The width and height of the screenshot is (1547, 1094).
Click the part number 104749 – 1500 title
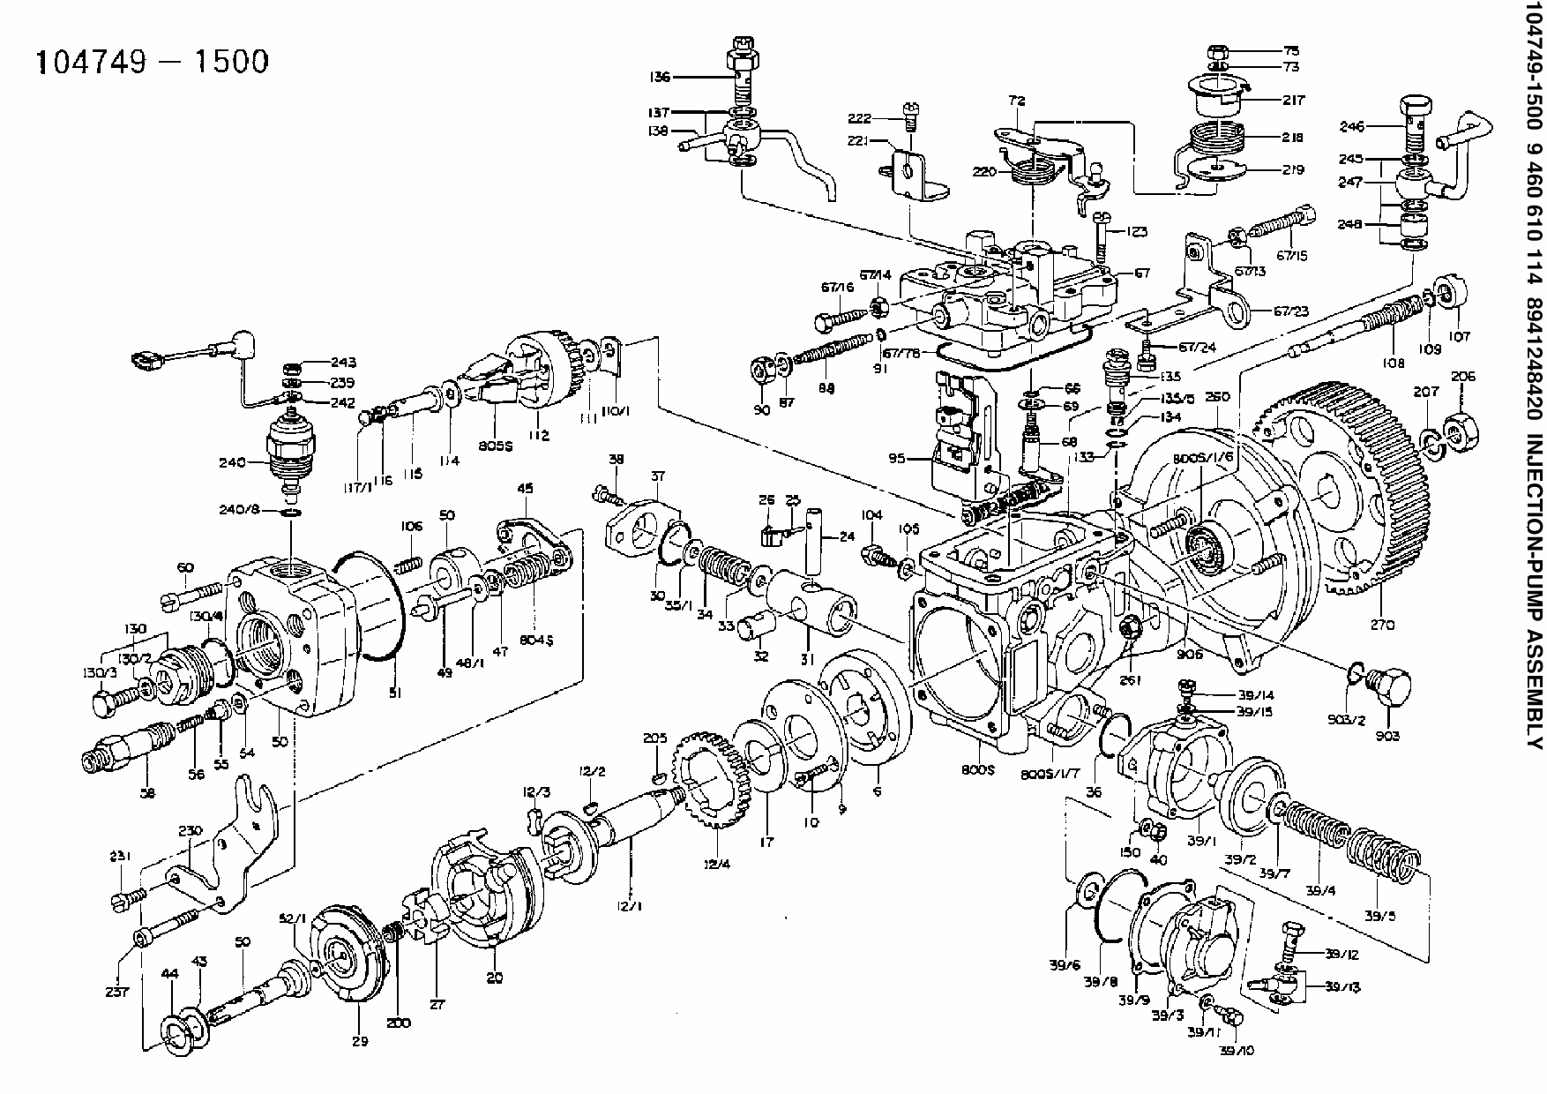(x=151, y=62)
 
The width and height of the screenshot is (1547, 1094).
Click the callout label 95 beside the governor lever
(x=898, y=459)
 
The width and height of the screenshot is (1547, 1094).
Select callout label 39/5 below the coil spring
(x=1379, y=915)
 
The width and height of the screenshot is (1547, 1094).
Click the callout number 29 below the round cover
(x=359, y=1042)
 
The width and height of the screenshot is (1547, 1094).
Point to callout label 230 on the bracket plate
(x=191, y=830)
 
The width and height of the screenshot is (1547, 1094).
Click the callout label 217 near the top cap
(x=1294, y=101)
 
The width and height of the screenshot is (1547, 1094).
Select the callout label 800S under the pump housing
(x=980, y=770)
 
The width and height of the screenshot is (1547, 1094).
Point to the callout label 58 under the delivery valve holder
(x=147, y=792)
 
